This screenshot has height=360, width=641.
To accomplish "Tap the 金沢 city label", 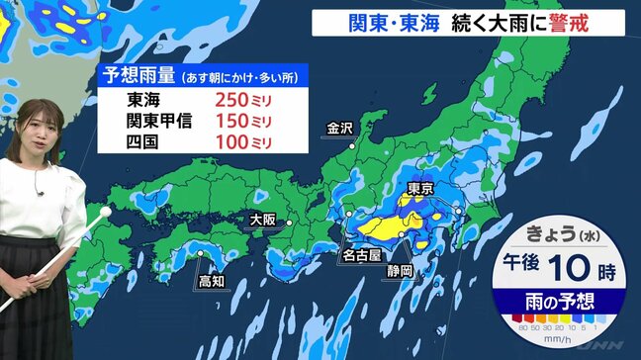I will tap(337, 129).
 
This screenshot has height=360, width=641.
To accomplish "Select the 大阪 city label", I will tap(262, 220).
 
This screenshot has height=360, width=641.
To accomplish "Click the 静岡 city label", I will tap(401, 269).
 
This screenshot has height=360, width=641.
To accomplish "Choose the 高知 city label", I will tap(211, 281).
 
